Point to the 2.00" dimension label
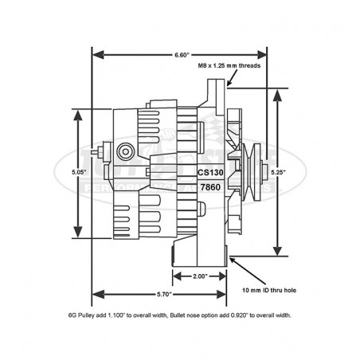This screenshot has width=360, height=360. (200, 276)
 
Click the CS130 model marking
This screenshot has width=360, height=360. (210, 170)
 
